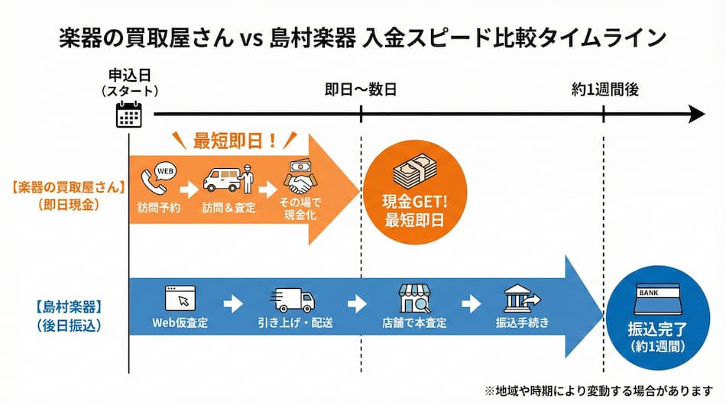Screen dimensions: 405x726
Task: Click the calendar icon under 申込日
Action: [x=129, y=114]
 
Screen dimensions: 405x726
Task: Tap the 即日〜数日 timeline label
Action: [x=361, y=89]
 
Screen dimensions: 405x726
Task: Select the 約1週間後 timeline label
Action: [x=604, y=89]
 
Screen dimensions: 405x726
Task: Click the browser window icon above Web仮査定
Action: [x=180, y=296]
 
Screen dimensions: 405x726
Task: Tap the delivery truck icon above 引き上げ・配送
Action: [x=293, y=298]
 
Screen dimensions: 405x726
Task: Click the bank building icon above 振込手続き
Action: [x=522, y=298]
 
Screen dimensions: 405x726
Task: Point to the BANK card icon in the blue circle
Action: [x=653, y=300]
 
